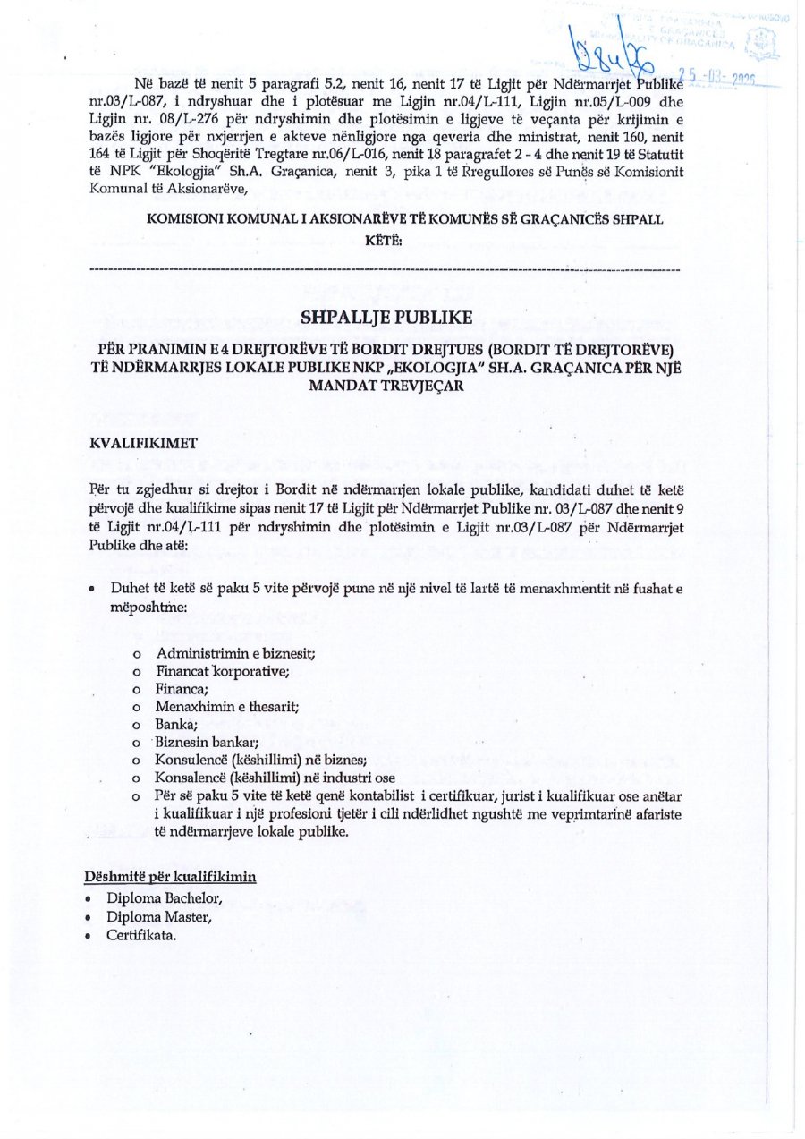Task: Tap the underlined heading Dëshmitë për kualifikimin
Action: pos(171,876)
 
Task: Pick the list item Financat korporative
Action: pos(222,671)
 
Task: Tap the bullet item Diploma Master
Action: pos(158,916)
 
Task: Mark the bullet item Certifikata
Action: pos(140,935)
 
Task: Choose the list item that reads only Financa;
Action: pos(182,689)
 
